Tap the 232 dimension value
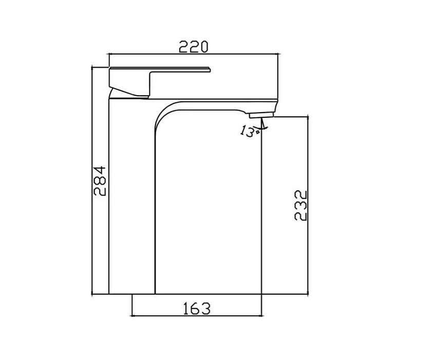[301, 206]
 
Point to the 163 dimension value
[197, 309]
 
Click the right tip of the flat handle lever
[210, 69]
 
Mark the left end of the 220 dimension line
[109, 54]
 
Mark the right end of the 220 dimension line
[277, 54]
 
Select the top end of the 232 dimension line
[308, 117]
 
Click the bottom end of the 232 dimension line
[308, 294]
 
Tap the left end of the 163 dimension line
[132, 315]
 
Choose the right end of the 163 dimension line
[261, 315]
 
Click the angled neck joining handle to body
[128, 93]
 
